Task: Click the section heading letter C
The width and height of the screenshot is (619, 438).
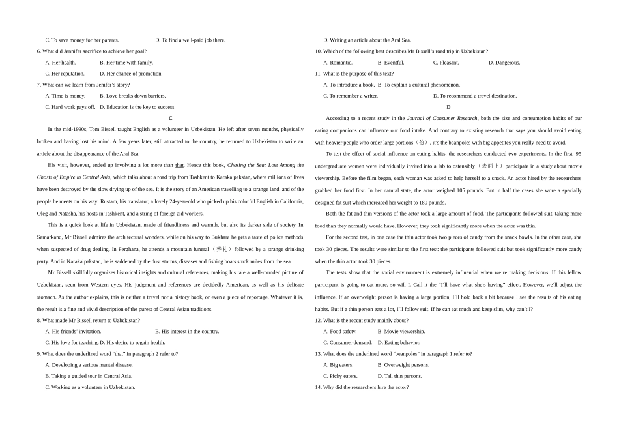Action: click(x=170, y=118)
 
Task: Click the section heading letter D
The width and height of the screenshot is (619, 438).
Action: click(x=448, y=107)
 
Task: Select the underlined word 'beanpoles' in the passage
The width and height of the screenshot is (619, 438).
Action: click(x=459, y=143)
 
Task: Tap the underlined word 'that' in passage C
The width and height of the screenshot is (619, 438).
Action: click(x=180, y=166)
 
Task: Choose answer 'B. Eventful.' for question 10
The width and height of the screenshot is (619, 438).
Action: click(x=391, y=63)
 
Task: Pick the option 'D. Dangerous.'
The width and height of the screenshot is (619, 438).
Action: click(x=504, y=63)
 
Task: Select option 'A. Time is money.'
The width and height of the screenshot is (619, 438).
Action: click(x=65, y=96)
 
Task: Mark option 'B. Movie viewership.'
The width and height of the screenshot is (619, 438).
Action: click(x=404, y=332)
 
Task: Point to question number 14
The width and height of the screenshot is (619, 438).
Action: click(x=319, y=387)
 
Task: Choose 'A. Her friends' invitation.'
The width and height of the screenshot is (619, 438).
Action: click(x=73, y=332)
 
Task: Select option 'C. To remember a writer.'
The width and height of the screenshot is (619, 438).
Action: click(x=351, y=96)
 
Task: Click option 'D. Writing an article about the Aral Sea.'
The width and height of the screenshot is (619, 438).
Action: click(x=367, y=40)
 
